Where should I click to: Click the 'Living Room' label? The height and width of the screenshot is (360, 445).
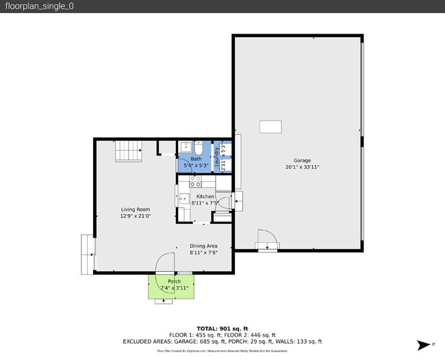(136, 209)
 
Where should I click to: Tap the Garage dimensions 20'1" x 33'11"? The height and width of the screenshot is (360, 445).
(302, 167)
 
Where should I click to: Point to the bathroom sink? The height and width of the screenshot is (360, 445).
(185, 146)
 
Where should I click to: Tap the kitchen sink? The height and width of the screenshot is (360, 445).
(183, 198)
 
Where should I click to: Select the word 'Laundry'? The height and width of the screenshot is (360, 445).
(217, 158)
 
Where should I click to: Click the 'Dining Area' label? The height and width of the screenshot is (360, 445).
(203, 246)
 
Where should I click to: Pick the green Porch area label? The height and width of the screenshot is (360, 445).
(175, 281)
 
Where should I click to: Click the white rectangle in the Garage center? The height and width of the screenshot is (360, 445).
(270, 127)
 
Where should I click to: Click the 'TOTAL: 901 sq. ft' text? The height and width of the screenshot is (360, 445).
(222, 329)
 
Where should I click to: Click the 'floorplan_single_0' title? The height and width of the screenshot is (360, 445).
(39, 6)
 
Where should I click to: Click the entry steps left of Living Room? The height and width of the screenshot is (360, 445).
(88, 254)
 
